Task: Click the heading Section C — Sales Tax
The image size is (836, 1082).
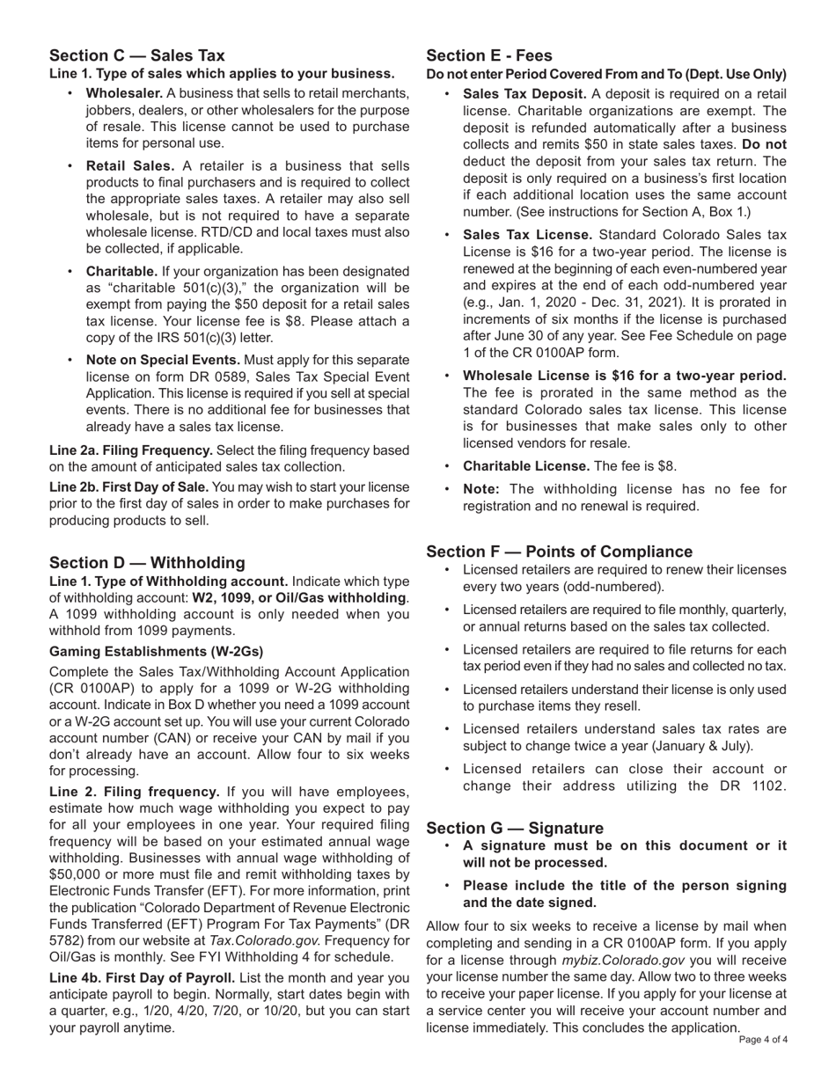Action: click(x=137, y=55)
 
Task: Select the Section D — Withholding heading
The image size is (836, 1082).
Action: click(x=147, y=562)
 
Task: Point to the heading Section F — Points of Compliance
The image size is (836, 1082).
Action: click(x=559, y=552)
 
